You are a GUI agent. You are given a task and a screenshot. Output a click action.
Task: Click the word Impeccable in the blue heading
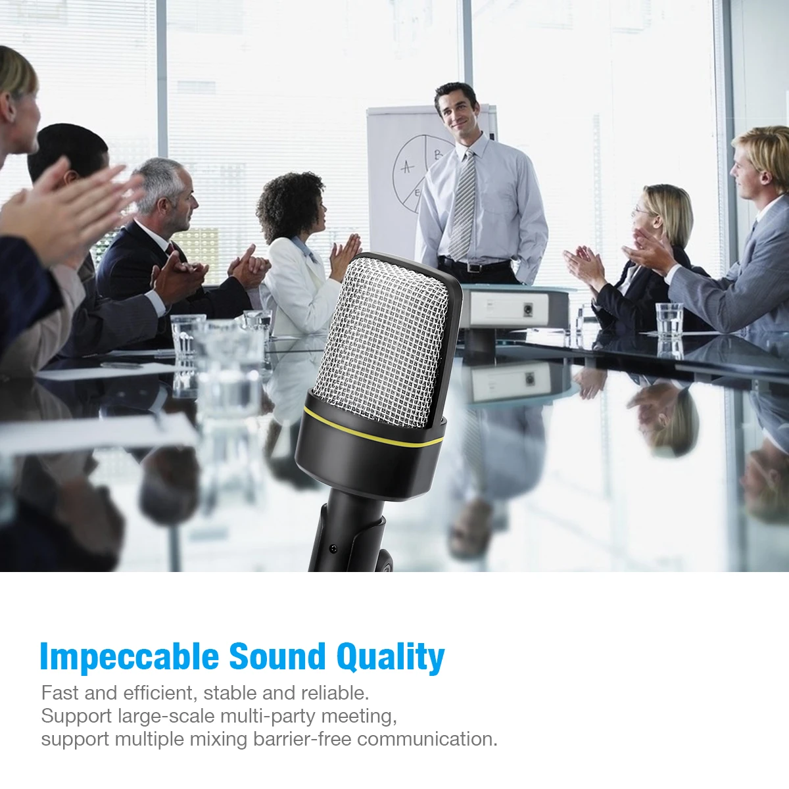click(x=130, y=656)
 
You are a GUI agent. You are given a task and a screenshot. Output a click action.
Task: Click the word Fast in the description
click(x=60, y=693)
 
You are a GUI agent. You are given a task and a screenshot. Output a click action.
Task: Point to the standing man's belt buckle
click(x=475, y=268)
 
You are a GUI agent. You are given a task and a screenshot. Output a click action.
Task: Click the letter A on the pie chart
click(x=407, y=166)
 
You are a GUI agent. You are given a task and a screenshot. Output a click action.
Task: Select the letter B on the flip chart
click(x=439, y=155)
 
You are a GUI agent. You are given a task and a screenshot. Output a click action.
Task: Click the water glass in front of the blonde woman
click(x=669, y=320)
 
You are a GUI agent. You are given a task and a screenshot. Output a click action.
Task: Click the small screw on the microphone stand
click(x=333, y=548)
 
